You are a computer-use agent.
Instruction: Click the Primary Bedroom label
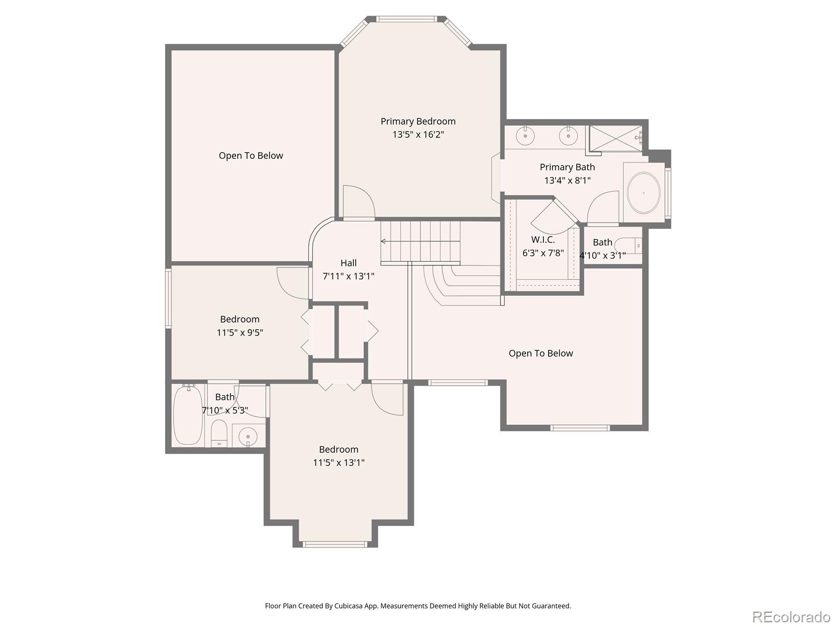pos(418,121)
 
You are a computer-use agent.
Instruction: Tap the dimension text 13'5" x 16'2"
pos(418,135)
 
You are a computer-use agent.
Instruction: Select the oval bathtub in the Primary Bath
pos(643,193)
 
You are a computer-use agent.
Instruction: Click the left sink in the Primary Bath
pos(525,136)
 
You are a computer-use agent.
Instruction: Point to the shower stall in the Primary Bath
pos(615,138)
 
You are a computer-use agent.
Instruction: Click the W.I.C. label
pos(543,240)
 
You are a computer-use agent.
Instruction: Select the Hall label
pos(349,263)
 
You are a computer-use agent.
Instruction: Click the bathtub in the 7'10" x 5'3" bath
pos(188,416)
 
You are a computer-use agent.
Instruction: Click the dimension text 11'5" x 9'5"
pos(240,333)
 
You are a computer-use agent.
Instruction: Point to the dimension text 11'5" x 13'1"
pos(339,462)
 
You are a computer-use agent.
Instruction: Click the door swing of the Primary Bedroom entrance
pos(358,202)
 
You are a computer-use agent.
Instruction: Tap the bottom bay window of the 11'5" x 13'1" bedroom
pos(335,544)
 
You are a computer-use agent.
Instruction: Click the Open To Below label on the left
pos(251,156)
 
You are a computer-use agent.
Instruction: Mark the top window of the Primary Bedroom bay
pos(406,20)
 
